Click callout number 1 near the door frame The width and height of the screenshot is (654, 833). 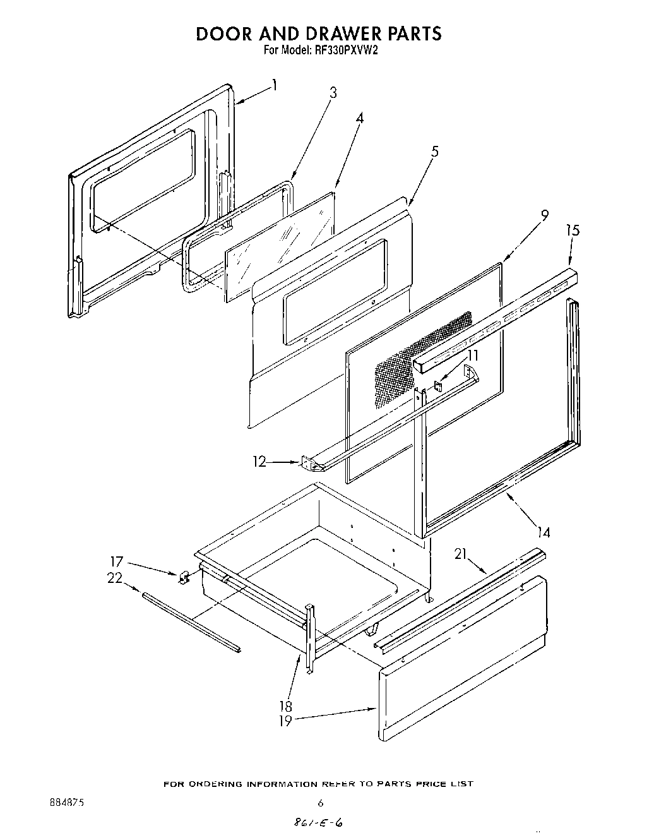[x=275, y=84]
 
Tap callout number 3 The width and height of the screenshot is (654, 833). [x=333, y=93]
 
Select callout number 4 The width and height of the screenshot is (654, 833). [x=359, y=118]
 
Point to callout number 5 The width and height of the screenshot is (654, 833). [x=435, y=152]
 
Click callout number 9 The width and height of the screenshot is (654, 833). [x=544, y=215]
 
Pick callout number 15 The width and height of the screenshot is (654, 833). [x=573, y=231]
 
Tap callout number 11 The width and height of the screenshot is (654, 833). [x=473, y=356]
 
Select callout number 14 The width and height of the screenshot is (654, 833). [x=544, y=533]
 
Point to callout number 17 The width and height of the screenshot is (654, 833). [x=117, y=561]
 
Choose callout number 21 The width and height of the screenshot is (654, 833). [x=461, y=554]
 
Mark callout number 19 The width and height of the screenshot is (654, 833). [x=286, y=721]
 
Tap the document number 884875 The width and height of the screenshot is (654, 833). [x=67, y=803]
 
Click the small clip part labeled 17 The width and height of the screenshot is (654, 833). [x=185, y=577]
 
